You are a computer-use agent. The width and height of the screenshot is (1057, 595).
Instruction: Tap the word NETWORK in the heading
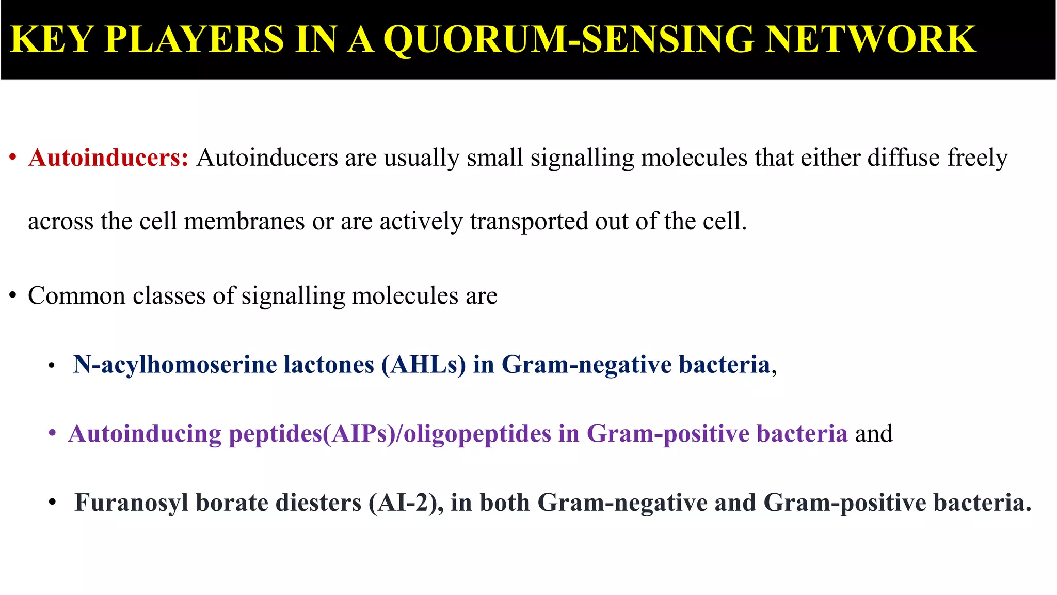pos(870,39)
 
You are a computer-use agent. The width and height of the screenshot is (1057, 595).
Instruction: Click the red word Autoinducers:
pos(109,158)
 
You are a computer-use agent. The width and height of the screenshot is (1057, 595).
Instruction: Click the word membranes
pos(244,221)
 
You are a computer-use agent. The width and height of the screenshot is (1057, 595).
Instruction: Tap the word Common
pos(76,296)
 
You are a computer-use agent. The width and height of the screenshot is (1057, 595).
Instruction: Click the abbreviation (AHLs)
pos(423,365)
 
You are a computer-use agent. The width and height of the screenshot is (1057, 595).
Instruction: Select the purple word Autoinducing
pos(145,433)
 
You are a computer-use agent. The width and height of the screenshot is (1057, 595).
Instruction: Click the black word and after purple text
pos(874,433)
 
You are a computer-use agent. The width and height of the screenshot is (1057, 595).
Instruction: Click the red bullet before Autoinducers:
pos(13,158)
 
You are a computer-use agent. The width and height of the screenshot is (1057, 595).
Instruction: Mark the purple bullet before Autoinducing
pos(52,433)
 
